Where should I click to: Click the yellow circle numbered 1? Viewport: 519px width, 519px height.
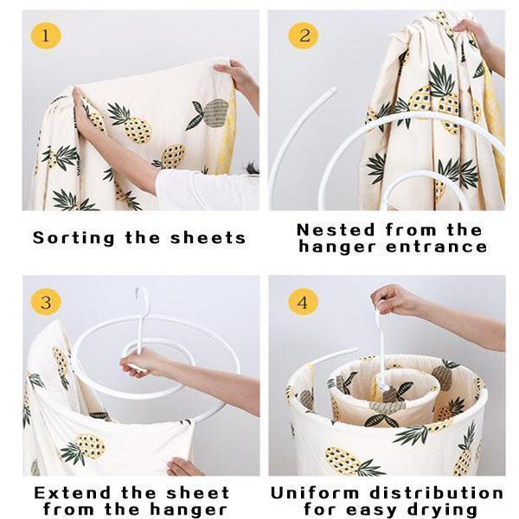click(46, 35)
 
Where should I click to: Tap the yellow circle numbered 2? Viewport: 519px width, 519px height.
click(304, 35)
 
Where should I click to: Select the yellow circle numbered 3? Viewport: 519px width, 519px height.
click(46, 302)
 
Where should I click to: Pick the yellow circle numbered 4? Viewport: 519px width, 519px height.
click(304, 302)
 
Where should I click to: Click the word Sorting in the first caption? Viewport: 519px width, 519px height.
click(74, 239)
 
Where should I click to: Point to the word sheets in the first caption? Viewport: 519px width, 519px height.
click(208, 238)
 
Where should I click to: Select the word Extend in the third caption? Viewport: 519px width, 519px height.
click(72, 493)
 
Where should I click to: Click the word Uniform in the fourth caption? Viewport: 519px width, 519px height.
click(315, 493)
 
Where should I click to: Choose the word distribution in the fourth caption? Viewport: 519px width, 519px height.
click(437, 493)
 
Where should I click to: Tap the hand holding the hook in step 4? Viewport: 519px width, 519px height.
click(392, 299)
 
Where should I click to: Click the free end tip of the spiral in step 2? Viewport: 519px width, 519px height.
click(333, 90)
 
